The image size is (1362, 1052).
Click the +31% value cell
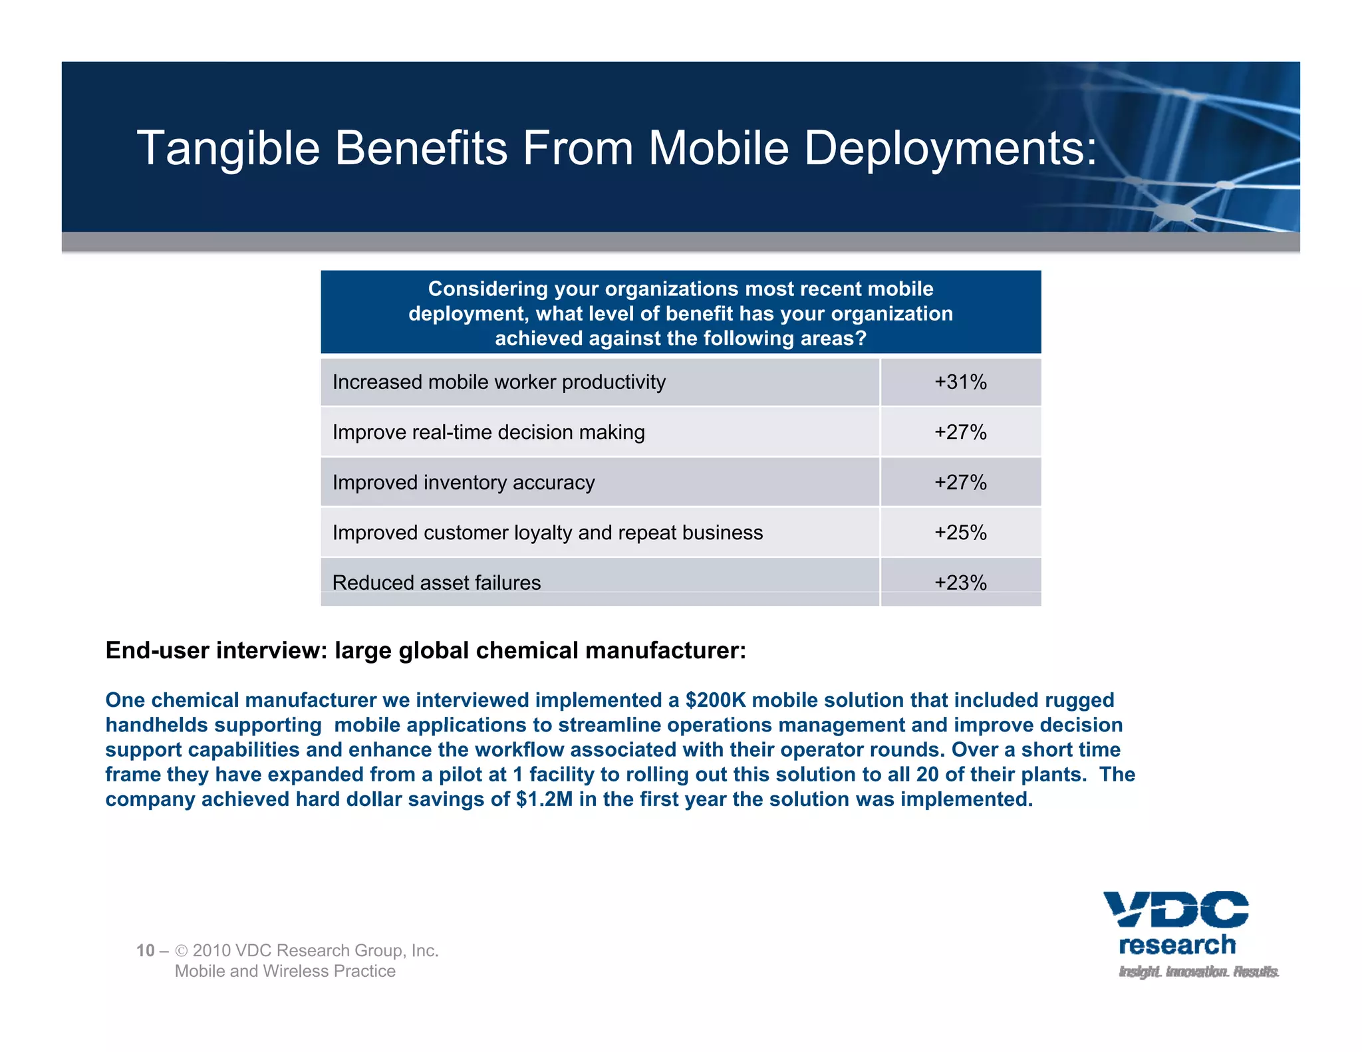(x=960, y=382)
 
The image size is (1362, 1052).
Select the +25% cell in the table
(x=960, y=533)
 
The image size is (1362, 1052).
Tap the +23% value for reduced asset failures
(x=960, y=583)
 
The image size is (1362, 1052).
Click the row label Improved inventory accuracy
(x=464, y=483)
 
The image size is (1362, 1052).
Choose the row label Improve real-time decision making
(x=488, y=432)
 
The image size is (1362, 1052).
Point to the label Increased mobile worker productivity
(x=499, y=382)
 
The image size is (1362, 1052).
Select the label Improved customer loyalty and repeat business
(x=547, y=533)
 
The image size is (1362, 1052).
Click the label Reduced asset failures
(x=436, y=583)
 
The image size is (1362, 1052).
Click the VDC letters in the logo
(x=1176, y=909)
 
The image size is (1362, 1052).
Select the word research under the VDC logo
(x=1177, y=945)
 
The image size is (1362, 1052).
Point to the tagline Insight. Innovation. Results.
(x=1198, y=972)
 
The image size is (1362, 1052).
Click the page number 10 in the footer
(x=145, y=950)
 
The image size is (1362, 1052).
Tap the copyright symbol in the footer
(x=182, y=951)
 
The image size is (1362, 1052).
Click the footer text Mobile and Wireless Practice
(x=285, y=971)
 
